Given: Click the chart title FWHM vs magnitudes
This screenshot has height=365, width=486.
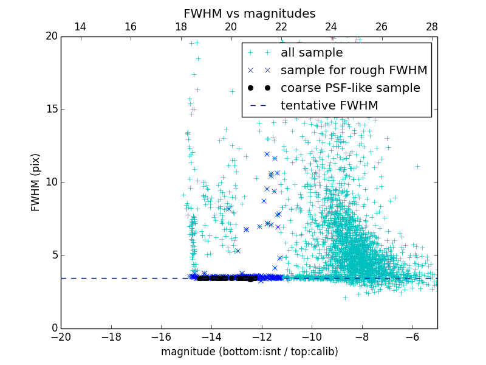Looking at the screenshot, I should (249, 13).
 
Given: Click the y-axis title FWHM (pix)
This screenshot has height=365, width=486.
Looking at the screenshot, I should (36, 182).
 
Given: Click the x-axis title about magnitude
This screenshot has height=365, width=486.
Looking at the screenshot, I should (249, 352).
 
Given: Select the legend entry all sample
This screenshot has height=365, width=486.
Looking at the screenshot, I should (312, 53).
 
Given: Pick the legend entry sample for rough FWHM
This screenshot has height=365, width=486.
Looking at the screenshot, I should (354, 71).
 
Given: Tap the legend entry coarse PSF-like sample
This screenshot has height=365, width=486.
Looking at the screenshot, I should (350, 88).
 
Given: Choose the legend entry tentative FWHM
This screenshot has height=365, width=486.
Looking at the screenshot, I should (329, 106).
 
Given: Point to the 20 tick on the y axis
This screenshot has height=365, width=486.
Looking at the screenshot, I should (50, 36).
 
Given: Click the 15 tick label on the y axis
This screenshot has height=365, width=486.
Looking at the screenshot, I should (50, 109).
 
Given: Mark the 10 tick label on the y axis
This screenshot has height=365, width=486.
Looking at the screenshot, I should (50, 182).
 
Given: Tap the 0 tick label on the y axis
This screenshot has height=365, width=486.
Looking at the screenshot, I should (53, 328).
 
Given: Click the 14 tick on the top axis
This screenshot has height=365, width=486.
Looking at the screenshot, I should (80, 27).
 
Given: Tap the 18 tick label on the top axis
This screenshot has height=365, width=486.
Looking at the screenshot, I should (180, 27).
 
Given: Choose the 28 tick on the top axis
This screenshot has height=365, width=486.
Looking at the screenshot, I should (432, 27).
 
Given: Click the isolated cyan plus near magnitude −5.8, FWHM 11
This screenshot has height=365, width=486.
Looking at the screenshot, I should (417, 166).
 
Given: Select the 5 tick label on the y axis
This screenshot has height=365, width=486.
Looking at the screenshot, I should (53, 255).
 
